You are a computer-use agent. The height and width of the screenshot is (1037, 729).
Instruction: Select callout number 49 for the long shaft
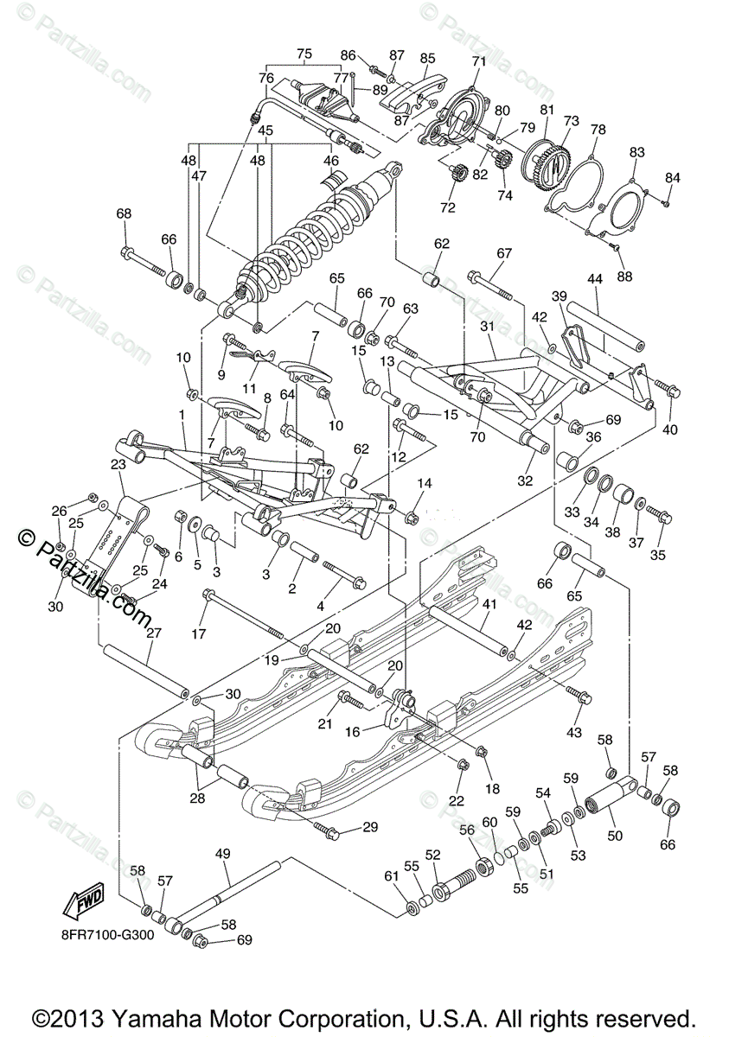223,855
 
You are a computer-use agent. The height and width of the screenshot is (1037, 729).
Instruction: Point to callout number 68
125,213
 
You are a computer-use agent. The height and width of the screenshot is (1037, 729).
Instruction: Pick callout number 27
155,633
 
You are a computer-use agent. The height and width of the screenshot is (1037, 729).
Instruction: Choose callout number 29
370,827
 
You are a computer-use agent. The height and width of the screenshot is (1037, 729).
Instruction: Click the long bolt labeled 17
246,614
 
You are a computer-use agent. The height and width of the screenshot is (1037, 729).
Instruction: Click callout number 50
615,836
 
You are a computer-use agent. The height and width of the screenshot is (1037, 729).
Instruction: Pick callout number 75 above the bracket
304,54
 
